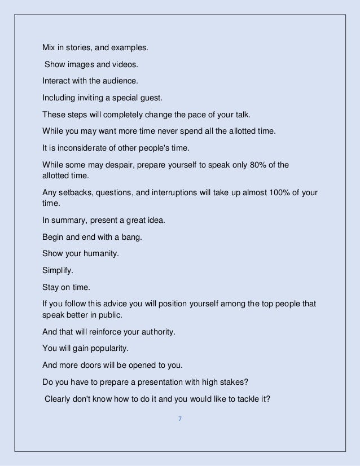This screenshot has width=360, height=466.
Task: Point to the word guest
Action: tap(150, 98)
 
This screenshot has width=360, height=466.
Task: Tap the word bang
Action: tap(133, 237)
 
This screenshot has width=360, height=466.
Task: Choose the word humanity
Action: tap(100, 253)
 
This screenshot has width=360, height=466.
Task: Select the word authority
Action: tap(159, 331)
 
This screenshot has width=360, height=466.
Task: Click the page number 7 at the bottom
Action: tap(179, 419)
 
